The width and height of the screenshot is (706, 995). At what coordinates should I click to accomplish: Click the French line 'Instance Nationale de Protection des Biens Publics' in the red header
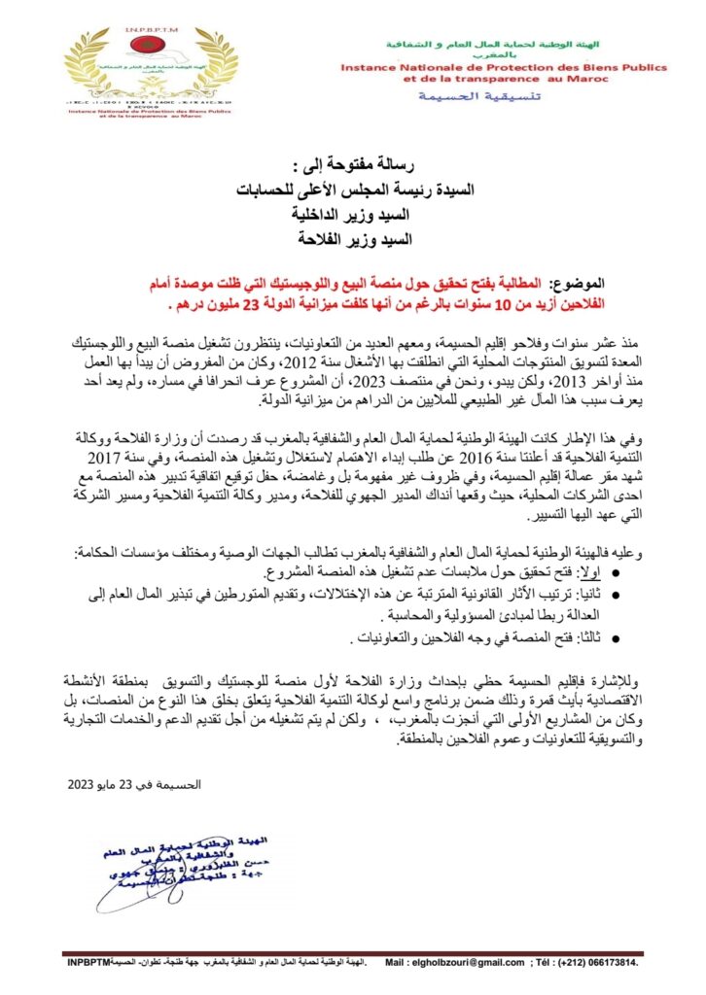tap(503, 69)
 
